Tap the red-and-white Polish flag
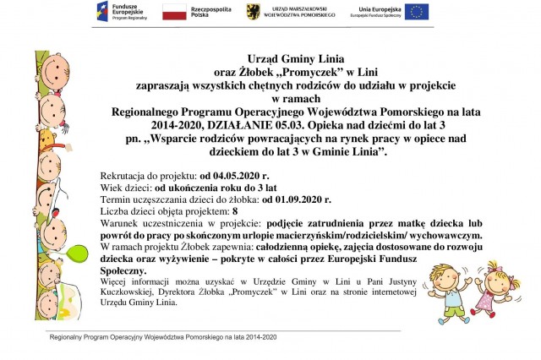tap(174, 12)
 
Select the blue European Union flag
tap(416, 12)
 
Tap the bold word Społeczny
tap(123, 270)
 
